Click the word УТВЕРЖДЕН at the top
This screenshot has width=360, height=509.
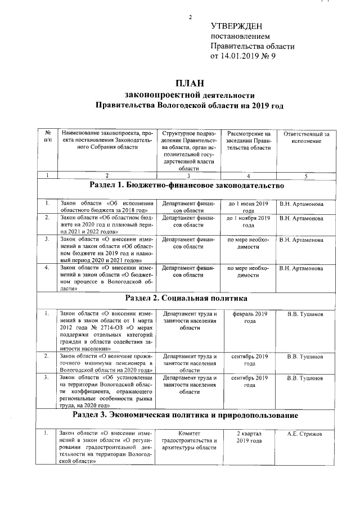[236, 26]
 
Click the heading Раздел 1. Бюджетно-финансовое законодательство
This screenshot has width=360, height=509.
[187, 185]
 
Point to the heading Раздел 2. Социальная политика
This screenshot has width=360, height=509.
[186, 298]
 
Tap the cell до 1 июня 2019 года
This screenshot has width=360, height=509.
[248, 206]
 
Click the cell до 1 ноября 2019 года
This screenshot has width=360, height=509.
[248, 221]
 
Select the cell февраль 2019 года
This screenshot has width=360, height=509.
[248, 317]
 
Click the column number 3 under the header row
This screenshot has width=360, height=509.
[188, 175]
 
